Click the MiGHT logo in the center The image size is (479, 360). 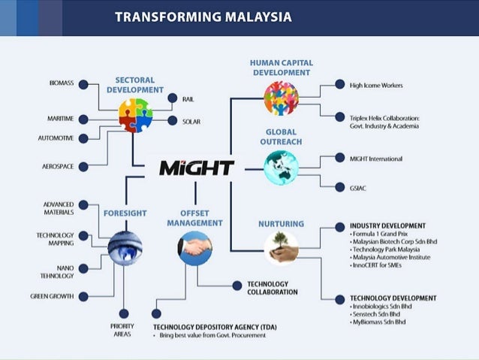(x=197, y=167)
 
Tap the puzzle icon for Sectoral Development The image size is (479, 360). (x=135, y=115)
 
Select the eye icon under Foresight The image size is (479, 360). (x=125, y=248)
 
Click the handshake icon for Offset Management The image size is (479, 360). (x=194, y=247)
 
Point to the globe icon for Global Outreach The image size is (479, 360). (x=282, y=167)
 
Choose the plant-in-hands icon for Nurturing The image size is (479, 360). (x=282, y=247)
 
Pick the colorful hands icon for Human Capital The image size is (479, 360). (x=282, y=98)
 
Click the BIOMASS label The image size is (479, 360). (x=61, y=84)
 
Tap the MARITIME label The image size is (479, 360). (x=59, y=119)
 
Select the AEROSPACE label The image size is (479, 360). (x=57, y=166)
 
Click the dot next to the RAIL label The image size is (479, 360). (x=168, y=99)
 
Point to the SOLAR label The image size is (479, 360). (x=191, y=121)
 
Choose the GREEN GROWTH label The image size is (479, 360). (x=52, y=296)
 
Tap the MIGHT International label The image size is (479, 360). (x=376, y=159)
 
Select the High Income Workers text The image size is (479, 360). (x=376, y=86)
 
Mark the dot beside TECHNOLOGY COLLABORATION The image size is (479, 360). (x=237, y=285)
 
